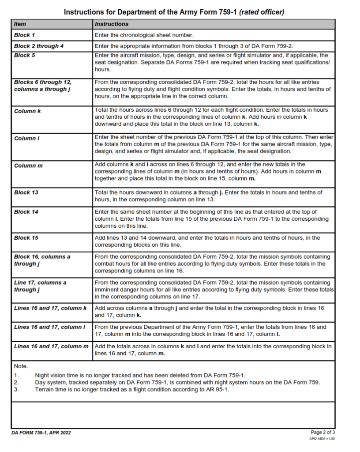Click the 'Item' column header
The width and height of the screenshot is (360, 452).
(20, 24)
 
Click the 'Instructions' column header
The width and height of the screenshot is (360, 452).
(112, 24)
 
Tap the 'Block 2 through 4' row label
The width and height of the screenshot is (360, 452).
(39, 46)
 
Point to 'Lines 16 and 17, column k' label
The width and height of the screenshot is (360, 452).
(50, 308)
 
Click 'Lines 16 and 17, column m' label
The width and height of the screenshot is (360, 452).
(51, 347)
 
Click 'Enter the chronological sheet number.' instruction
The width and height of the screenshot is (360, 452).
(144, 35)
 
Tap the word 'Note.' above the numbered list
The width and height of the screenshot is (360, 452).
(21, 366)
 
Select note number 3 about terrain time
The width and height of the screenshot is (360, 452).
(132, 389)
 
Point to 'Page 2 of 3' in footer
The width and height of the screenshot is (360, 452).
(322, 432)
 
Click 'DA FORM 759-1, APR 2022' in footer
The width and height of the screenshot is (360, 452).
(41, 433)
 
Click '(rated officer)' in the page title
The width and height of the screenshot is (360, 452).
(261, 12)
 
